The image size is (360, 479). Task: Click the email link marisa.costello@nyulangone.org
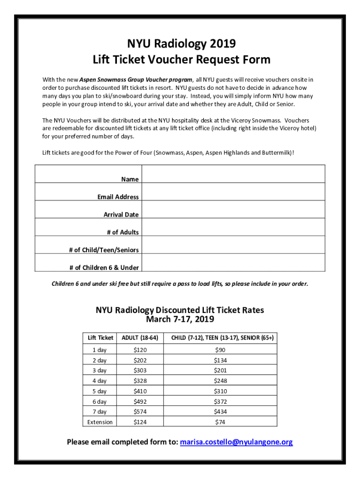(x=237, y=442)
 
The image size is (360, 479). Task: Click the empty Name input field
(x=232, y=174)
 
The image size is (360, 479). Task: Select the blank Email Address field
(x=232, y=192)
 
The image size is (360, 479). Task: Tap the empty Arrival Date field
(x=232, y=210)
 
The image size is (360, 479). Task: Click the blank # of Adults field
(x=232, y=227)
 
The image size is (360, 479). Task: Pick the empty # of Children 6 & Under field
(x=232, y=262)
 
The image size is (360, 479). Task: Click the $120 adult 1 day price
(x=140, y=350)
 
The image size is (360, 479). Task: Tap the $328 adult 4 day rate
(x=140, y=381)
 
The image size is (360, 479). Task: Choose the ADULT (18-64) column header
(x=140, y=338)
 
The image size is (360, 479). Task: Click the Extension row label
(x=100, y=422)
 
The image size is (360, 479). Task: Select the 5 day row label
(x=100, y=391)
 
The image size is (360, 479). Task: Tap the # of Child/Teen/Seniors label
(x=104, y=250)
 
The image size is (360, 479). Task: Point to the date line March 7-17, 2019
(x=180, y=319)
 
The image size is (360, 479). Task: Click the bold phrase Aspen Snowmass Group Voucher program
(x=136, y=80)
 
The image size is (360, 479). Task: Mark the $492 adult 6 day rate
(x=140, y=401)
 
